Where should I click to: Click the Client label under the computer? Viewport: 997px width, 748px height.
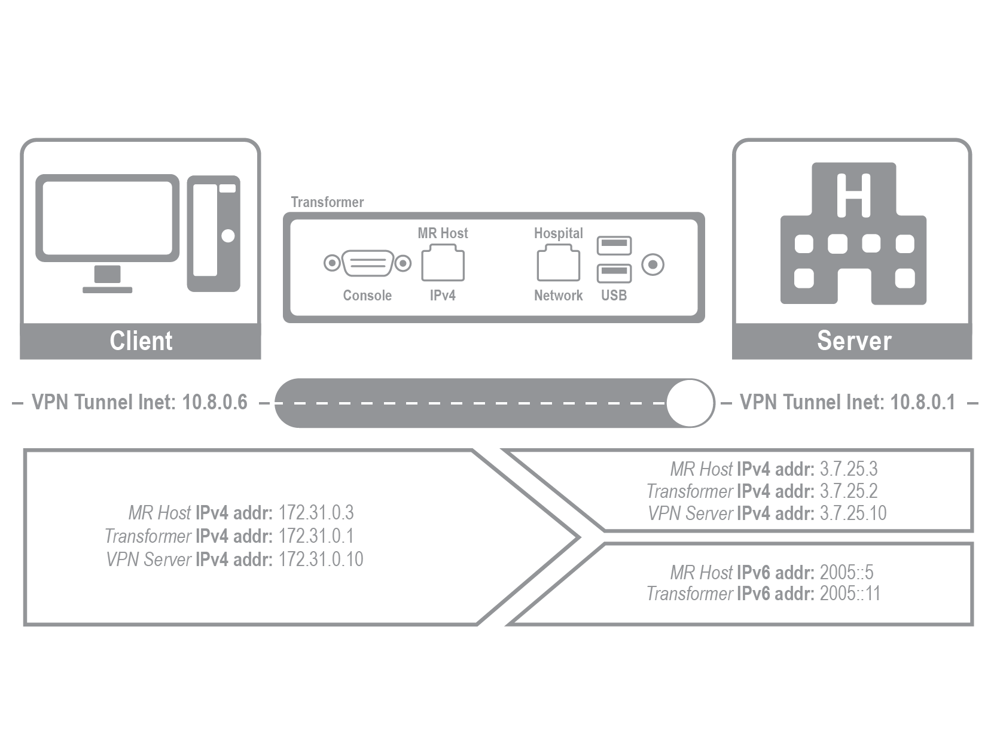click(x=141, y=341)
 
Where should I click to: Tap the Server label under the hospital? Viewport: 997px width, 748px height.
click(x=853, y=341)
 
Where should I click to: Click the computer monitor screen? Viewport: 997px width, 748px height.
click(x=108, y=217)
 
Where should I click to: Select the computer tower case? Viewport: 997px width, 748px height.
click(x=214, y=233)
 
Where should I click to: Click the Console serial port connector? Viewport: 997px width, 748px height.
click(x=367, y=263)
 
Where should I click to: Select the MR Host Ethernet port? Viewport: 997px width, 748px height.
click(x=443, y=266)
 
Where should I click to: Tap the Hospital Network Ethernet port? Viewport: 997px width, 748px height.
click(x=558, y=266)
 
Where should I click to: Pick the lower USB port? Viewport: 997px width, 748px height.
click(x=614, y=273)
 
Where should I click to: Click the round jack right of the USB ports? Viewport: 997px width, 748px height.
click(x=653, y=264)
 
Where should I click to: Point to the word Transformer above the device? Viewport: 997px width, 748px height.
click(x=327, y=202)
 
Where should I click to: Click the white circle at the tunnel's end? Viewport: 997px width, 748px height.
click(x=690, y=403)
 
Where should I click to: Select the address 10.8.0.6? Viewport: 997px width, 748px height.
click(x=215, y=402)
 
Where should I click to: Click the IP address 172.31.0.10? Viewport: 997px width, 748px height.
click(x=321, y=560)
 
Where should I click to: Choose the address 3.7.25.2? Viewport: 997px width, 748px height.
click(x=849, y=491)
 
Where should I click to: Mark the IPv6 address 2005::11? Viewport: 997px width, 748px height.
click(x=850, y=594)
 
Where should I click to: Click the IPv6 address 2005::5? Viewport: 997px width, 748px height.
click(x=846, y=573)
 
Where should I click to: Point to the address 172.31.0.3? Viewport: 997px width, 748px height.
click(x=316, y=513)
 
